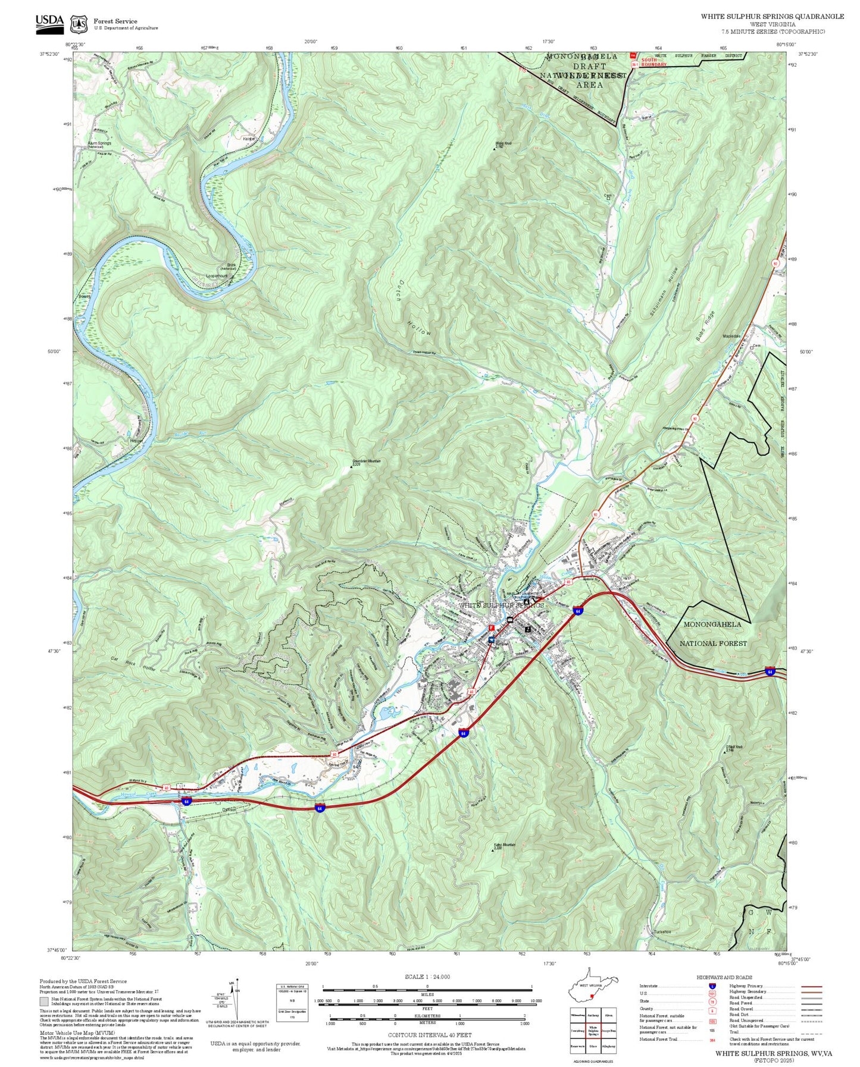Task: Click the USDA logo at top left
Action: tap(49, 22)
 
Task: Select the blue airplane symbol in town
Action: tap(490, 640)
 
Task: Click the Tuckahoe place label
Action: tap(662, 931)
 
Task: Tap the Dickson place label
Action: tap(229, 809)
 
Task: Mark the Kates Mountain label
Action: tap(504, 845)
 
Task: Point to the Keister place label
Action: tap(249, 139)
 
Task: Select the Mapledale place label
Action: tap(731, 336)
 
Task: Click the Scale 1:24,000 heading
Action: tap(427, 977)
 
